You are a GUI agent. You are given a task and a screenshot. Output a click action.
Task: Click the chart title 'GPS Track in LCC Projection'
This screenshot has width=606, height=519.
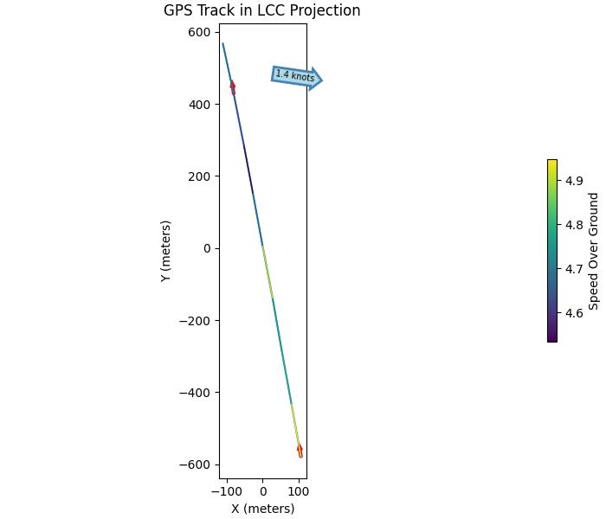click(261, 11)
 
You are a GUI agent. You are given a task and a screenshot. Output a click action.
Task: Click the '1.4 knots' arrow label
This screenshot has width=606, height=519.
click(295, 76)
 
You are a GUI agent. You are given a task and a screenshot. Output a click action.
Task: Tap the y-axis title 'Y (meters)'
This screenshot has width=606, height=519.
click(165, 250)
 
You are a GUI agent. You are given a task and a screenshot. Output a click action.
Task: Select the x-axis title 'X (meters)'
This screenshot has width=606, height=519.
click(262, 509)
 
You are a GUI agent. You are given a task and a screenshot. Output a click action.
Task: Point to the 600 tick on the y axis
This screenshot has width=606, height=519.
click(200, 33)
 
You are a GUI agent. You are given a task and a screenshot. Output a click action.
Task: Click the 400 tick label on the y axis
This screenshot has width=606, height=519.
click(200, 105)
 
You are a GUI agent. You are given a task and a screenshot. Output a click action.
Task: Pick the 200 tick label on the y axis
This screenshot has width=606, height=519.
click(200, 176)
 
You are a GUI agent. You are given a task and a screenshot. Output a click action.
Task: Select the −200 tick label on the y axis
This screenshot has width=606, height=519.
click(197, 321)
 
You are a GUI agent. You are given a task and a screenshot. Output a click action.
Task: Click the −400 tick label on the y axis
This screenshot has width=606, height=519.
click(197, 393)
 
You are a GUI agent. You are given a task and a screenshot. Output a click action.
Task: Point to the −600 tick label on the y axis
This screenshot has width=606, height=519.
click(197, 465)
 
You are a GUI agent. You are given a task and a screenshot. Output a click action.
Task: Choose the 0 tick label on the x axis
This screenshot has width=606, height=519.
click(263, 491)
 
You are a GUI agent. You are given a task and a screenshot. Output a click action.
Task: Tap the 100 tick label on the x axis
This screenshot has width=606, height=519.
click(299, 491)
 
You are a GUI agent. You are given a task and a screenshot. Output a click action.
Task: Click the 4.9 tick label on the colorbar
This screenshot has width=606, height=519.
click(574, 181)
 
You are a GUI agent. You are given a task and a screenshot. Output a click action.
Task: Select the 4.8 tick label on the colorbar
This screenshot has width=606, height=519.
click(574, 225)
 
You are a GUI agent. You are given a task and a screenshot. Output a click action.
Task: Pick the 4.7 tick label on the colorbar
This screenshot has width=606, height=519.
click(574, 269)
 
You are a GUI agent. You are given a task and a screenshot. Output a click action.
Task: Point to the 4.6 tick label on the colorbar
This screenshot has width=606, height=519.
click(574, 313)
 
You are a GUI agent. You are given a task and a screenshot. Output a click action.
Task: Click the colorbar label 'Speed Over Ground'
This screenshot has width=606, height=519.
click(594, 251)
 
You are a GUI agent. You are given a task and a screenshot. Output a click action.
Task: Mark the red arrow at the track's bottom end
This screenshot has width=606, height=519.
click(300, 450)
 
